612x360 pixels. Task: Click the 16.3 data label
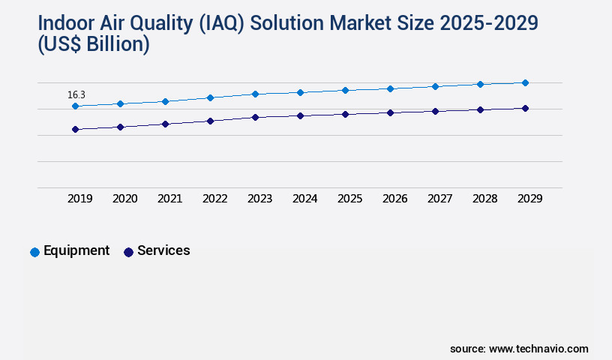(x=76, y=94)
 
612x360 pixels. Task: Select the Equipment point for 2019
(x=75, y=106)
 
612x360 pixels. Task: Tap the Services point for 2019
(x=75, y=129)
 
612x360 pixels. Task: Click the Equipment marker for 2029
(x=525, y=82)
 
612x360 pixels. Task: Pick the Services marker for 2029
(x=525, y=108)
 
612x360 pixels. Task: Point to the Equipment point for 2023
(x=255, y=94)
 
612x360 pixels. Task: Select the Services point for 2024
(x=300, y=115)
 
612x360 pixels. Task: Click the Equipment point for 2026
(x=390, y=88)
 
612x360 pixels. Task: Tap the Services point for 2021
(x=165, y=124)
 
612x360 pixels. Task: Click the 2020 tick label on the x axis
(x=124, y=199)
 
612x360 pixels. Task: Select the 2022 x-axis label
(x=214, y=199)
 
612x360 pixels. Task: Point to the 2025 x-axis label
(x=349, y=199)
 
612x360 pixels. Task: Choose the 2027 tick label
(x=439, y=199)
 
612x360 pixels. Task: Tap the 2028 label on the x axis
(x=484, y=199)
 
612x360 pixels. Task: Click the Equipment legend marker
(x=34, y=252)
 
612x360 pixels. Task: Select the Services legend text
(x=163, y=250)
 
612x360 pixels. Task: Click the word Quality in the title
(x=172, y=23)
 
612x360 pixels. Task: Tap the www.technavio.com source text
(x=538, y=349)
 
